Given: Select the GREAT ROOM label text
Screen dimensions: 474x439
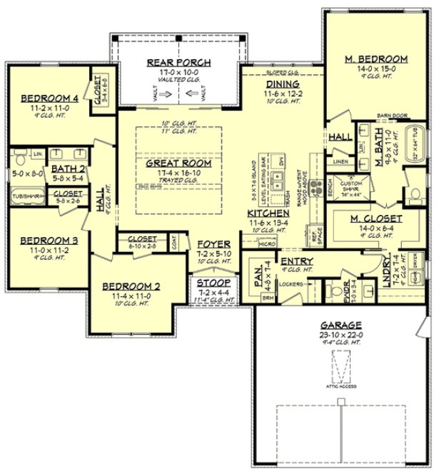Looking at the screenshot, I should click(x=178, y=163).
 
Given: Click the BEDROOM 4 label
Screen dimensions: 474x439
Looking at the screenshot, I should click(x=45, y=99).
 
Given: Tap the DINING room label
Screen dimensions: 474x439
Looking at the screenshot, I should click(x=272, y=83).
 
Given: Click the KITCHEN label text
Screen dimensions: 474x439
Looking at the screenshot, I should click(x=268, y=213).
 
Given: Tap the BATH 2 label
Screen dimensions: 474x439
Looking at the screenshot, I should click(x=69, y=170).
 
